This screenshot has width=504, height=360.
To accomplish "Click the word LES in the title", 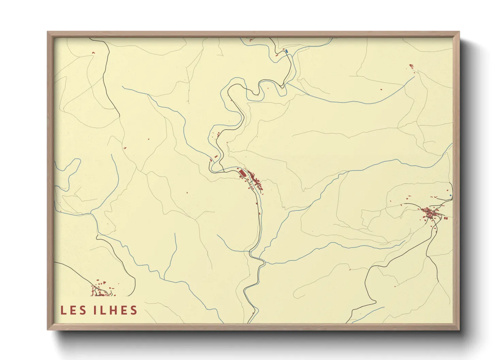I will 73,310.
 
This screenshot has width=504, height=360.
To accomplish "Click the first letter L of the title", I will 63,310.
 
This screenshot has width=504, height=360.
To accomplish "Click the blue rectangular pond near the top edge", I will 287,51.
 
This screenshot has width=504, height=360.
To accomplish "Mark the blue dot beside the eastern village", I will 451,195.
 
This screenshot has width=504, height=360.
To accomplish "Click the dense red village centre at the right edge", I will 430,213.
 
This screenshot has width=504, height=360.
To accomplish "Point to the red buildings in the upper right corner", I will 411,66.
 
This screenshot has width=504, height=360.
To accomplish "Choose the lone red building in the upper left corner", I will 93,52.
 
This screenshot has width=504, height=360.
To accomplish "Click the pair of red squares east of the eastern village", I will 445,218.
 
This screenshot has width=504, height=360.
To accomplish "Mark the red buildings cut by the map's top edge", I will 252,39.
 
